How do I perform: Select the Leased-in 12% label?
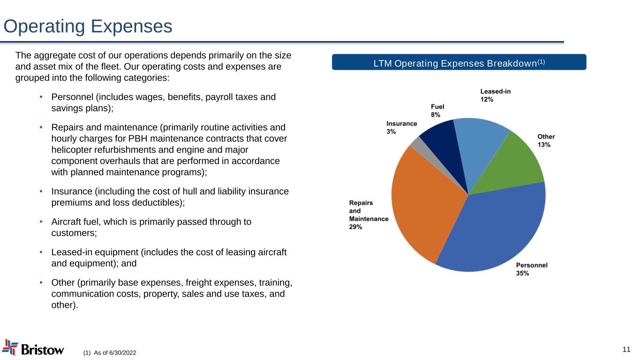(495, 95)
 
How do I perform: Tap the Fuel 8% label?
(437, 110)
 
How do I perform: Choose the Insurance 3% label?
(401, 127)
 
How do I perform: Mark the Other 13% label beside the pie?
(546, 141)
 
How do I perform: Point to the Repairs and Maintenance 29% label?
(369, 215)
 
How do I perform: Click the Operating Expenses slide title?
(88, 27)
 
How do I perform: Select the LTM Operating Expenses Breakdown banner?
(459, 62)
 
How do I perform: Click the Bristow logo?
(33, 348)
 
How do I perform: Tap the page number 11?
(626, 349)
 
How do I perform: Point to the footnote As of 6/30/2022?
(110, 352)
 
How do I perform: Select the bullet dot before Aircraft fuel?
(41, 222)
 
